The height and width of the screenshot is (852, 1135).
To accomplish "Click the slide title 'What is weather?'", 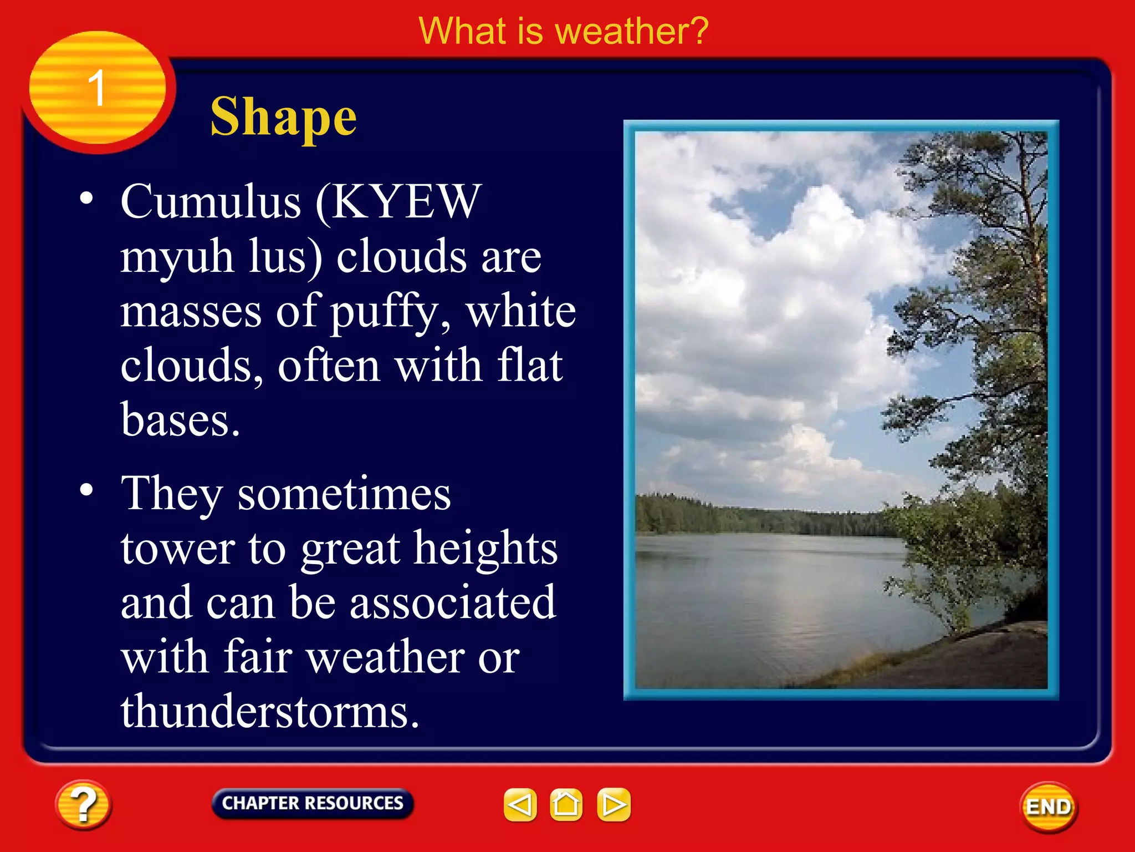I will click(563, 31).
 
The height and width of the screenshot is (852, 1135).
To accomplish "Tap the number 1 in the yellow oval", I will click(96, 88).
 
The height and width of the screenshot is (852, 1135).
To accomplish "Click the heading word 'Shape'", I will click(283, 117).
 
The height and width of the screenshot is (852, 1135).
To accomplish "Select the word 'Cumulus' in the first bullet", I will click(211, 202).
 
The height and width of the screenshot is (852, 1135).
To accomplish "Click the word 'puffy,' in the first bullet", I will click(391, 312).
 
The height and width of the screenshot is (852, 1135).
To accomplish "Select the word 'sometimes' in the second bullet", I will click(344, 494).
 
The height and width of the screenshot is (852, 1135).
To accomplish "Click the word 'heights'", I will click(485, 548).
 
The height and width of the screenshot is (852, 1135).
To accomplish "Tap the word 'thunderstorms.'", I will click(270, 712).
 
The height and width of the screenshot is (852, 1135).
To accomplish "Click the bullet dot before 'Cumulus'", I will click(86, 198).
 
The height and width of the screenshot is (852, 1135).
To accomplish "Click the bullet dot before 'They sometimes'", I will click(86, 490).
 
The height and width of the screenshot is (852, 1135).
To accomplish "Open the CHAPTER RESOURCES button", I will click(313, 803).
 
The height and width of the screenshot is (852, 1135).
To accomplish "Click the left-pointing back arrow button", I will click(520, 804).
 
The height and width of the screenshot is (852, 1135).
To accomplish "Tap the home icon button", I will click(566, 804).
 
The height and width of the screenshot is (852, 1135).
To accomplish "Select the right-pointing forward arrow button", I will click(613, 804).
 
